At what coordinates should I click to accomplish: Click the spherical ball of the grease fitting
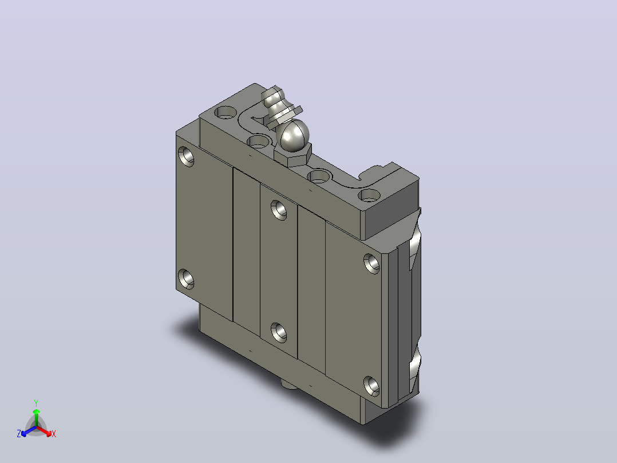pyautogui.click(x=294, y=135)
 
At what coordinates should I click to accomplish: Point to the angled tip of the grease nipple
pyautogui.click(x=273, y=96)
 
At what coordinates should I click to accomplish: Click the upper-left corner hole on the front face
pyautogui.click(x=185, y=156)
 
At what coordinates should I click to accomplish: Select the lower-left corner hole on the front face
pyautogui.click(x=185, y=279)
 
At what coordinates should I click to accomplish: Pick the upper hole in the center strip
pyautogui.click(x=279, y=210)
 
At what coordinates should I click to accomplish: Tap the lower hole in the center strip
pyautogui.click(x=279, y=332)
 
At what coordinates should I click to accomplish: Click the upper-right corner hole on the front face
pyautogui.click(x=371, y=264)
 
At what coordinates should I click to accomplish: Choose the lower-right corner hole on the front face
pyautogui.click(x=371, y=386)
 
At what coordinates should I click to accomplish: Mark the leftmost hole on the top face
pyautogui.click(x=225, y=112)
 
